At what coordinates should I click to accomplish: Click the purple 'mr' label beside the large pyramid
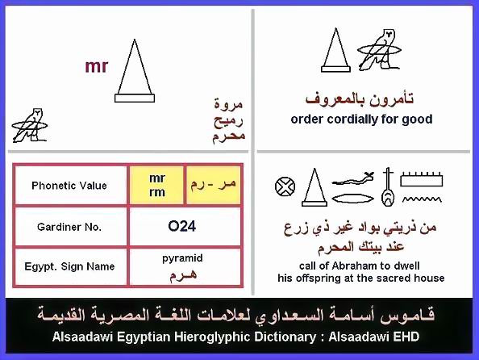point(97,66)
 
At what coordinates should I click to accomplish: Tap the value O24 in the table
point(181,226)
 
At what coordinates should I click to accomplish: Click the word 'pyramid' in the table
point(182,258)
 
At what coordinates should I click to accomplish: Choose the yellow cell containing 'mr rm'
point(156,185)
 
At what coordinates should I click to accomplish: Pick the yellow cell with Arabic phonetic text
point(213,185)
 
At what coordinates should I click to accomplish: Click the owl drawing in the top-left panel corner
point(30,125)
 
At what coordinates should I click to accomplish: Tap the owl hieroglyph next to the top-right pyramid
point(380,49)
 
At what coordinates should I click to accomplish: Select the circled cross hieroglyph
point(285,186)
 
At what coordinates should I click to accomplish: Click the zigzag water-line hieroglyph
point(422,199)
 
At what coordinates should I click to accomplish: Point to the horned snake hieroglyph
point(353,179)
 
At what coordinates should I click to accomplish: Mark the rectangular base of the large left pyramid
point(135,98)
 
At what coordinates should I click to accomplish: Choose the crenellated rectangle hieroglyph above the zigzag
point(422,179)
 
